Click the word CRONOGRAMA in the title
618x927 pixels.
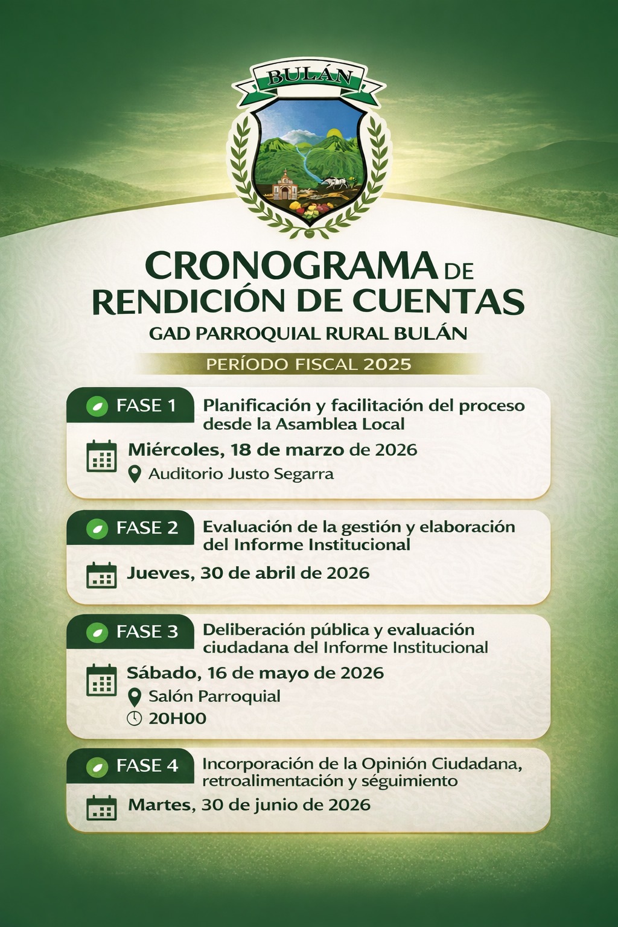[x=291, y=266]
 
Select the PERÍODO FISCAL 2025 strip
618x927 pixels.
[x=308, y=365]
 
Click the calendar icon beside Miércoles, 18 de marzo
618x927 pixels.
[x=101, y=456]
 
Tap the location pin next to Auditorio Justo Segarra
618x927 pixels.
[x=135, y=474]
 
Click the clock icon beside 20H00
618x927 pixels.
[x=135, y=718]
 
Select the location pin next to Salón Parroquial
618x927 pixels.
[x=135, y=697]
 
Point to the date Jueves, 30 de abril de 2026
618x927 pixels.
[x=248, y=573]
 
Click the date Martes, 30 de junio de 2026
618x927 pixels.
[x=249, y=804]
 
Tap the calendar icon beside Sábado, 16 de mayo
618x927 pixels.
[x=101, y=680]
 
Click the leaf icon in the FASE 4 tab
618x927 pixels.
[x=96, y=766]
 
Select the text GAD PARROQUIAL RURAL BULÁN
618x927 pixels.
[x=308, y=333]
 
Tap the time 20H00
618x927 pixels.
[x=177, y=718]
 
